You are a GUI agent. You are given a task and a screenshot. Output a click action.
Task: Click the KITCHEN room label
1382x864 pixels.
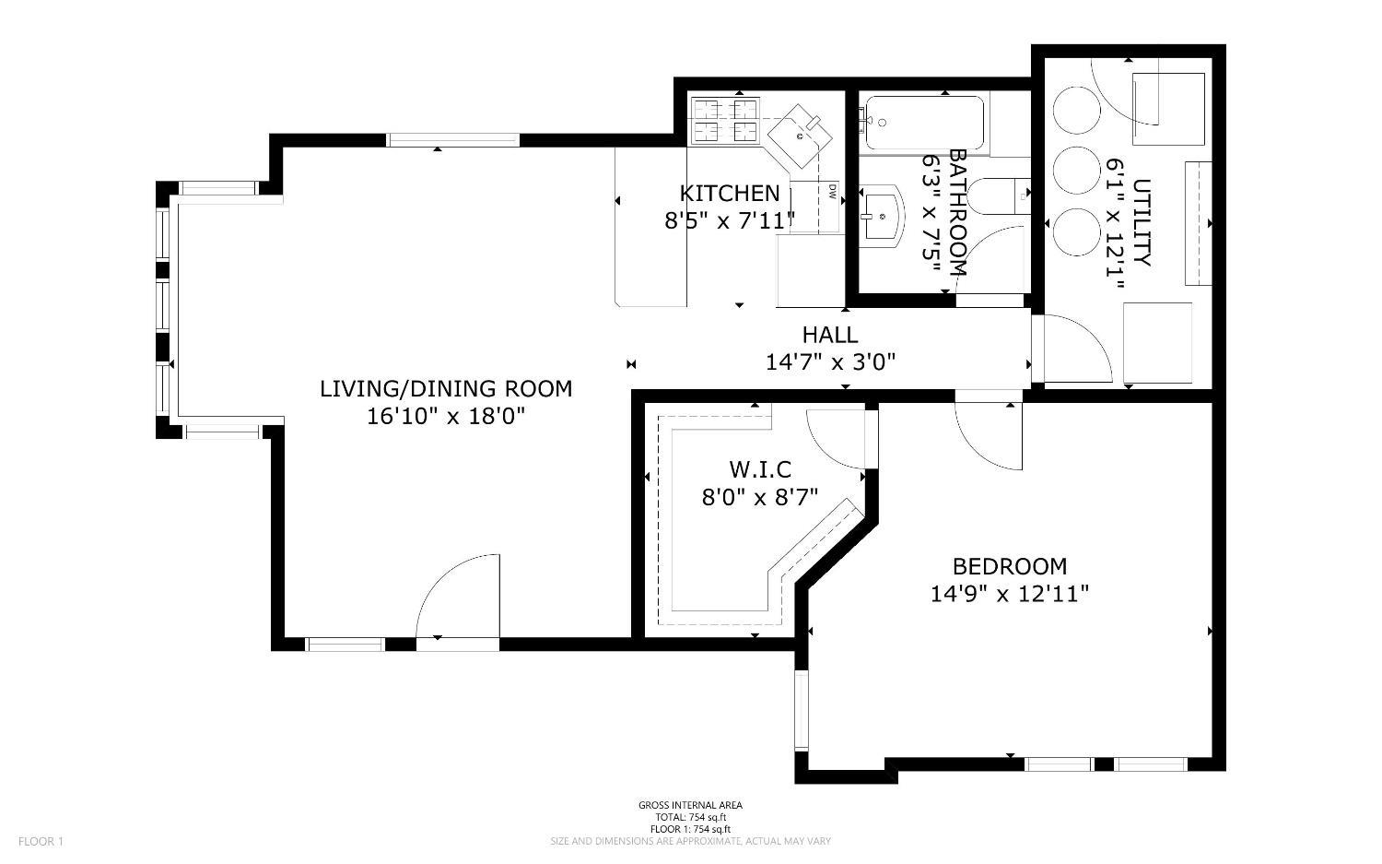click(x=729, y=194)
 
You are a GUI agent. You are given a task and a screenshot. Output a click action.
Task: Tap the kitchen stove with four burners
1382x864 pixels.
click(x=724, y=121)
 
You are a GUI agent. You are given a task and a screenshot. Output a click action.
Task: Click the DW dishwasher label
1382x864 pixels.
click(x=831, y=193)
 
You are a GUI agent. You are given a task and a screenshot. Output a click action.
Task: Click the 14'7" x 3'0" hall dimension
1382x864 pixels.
click(x=830, y=362)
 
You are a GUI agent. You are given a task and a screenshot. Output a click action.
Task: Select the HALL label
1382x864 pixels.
click(x=829, y=335)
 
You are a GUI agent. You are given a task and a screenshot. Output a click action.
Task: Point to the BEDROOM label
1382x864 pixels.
click(x=1009, y=566)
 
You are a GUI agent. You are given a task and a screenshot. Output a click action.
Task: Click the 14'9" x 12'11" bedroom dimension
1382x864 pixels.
click(x=1009, y=593)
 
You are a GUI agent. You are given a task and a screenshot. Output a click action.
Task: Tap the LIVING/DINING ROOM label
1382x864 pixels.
click(x=446, y=389)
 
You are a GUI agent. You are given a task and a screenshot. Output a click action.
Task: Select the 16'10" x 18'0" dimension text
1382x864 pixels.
click(x=446, y=416)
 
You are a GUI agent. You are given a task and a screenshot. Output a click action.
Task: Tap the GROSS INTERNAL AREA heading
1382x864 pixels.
click(x=690, y=805)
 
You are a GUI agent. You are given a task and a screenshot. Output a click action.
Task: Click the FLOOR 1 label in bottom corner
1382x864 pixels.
click(x=41, y=841)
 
